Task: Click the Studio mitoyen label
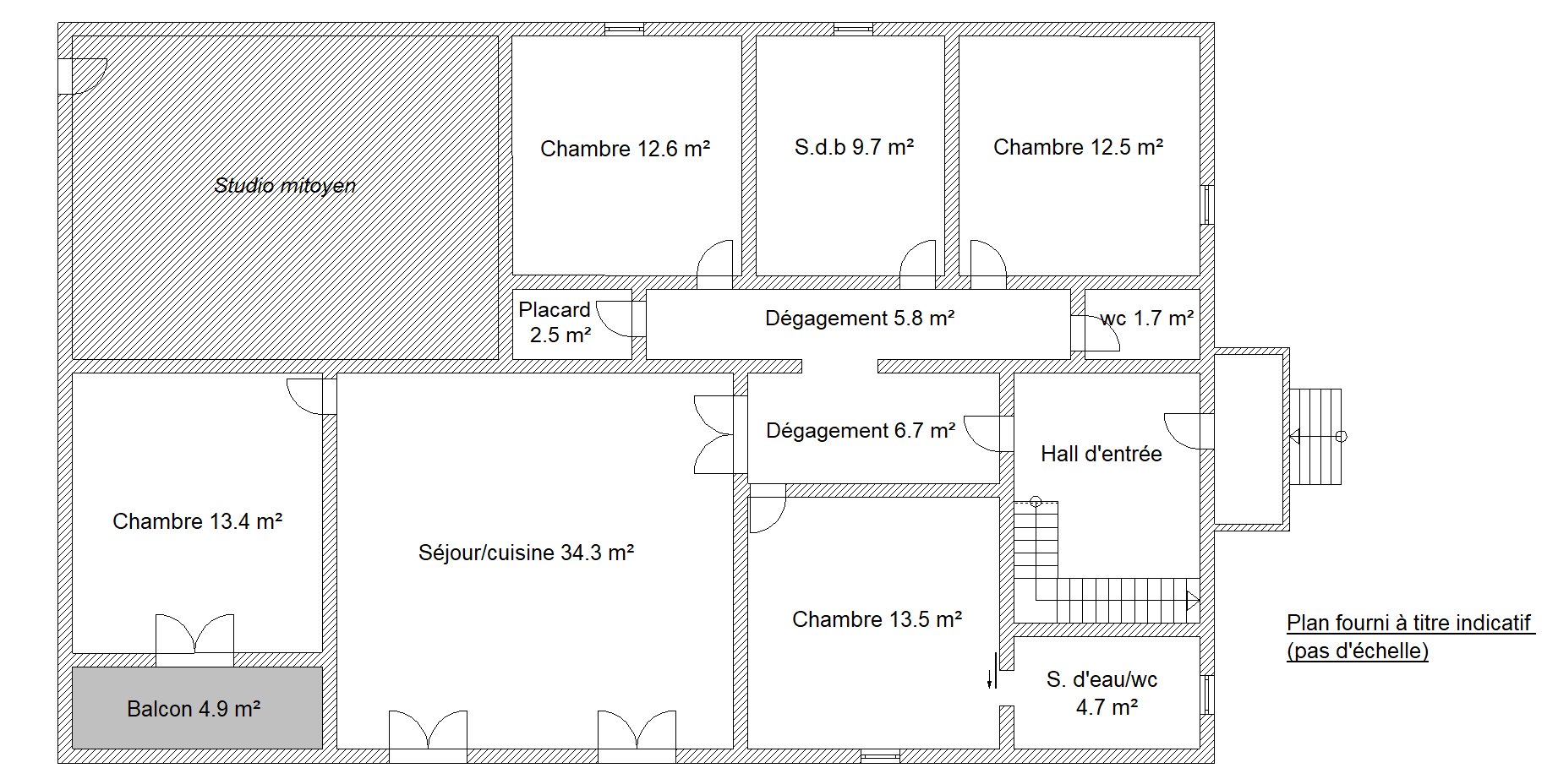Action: (x=285, y=186)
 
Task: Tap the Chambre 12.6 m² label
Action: (x=625, y=150)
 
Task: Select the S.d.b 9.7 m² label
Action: (x=854, y=148)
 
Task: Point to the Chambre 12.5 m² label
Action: (x=1078, y=148)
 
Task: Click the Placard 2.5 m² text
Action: (x=555, y=323)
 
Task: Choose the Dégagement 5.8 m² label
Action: (x=860, y=319)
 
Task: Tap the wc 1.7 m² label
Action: (x=1147, y=319)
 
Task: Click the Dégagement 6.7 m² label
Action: (x=861, y=431)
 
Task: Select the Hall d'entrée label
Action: (x=1101, y=454)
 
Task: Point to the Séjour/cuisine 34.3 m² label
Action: (x=526, y=553)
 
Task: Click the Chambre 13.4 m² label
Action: (x=197, y=521)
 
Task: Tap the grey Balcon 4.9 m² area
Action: (x=197, y=708)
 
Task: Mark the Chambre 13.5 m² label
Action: (x=877, y=619)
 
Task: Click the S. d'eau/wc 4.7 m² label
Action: (x=1102, y=693)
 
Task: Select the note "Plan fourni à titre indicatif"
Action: (x=1409, y=624)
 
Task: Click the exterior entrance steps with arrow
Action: (x=1315, y=437)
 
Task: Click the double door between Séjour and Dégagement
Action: (x=713, y=434)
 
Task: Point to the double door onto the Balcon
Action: (x=194, y=634)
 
